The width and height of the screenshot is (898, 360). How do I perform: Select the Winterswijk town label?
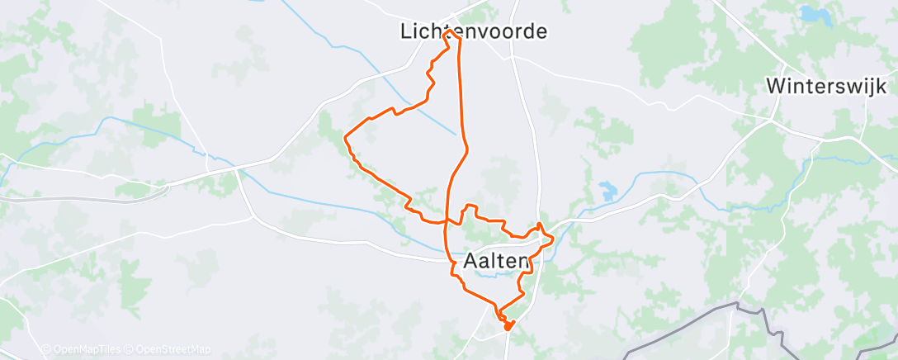pyautogui.click(x=826, y=86)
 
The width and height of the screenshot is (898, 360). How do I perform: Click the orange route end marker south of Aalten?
pyautogui.click(x=507, y=325)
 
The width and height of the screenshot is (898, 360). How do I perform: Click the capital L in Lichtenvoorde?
pyautogui.click(x=405, y=31)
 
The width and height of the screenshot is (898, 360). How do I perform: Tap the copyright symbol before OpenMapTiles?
pyautogui.click(x=46, y=349)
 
